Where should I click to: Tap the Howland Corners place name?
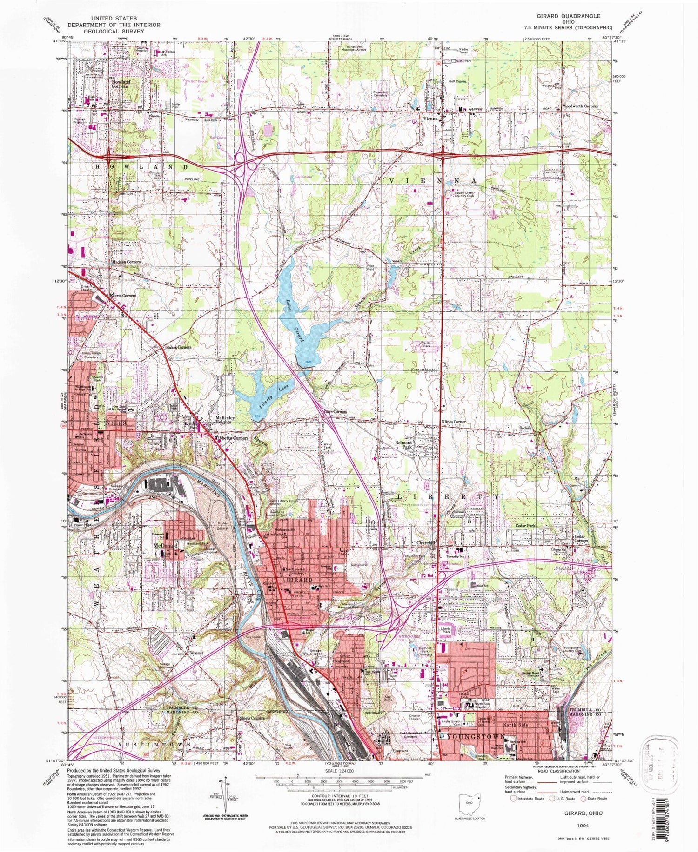(121, 84)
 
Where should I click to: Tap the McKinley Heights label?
(224, 420)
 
